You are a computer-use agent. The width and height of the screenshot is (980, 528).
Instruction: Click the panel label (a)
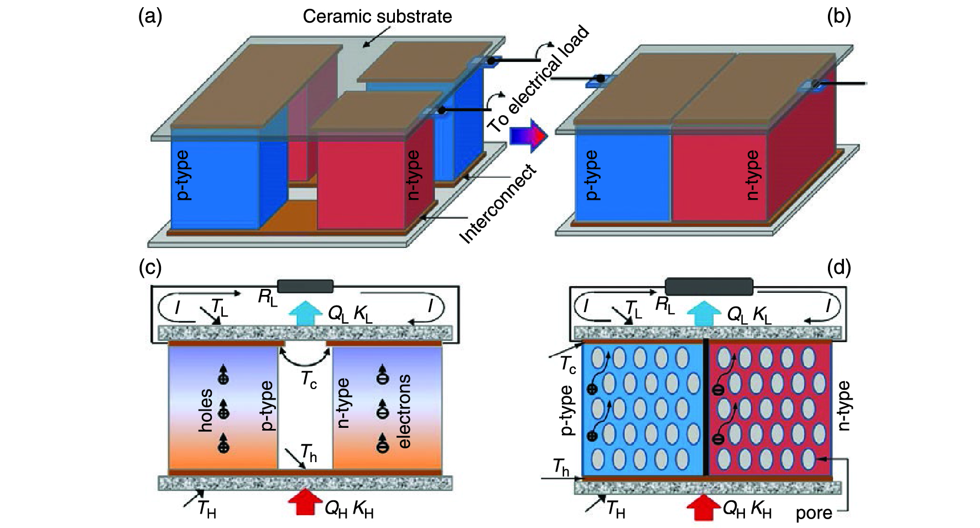tap(150, 17)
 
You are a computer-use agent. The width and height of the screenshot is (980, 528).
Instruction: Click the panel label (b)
tap(838, 17)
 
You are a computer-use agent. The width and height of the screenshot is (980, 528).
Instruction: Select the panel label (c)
tap(150, 268)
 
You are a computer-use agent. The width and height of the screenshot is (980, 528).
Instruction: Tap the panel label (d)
tap(838, 268)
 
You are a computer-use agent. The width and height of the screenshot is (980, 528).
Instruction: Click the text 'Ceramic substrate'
tap(377, 17)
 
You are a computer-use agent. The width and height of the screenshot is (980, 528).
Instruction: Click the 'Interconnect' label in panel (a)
tap(498, 205)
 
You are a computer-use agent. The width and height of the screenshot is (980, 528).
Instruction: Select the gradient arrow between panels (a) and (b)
tap(528, 135)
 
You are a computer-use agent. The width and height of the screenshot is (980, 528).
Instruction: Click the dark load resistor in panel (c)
tap(305, 286)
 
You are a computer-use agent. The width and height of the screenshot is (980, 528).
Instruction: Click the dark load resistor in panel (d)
tap(708, 287)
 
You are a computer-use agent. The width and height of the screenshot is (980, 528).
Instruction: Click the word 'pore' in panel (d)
tap(814, 513)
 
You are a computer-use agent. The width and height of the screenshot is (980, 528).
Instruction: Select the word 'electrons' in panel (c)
tap(404, 411)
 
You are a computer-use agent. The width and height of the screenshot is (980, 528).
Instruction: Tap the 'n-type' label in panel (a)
tap(412, 175)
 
